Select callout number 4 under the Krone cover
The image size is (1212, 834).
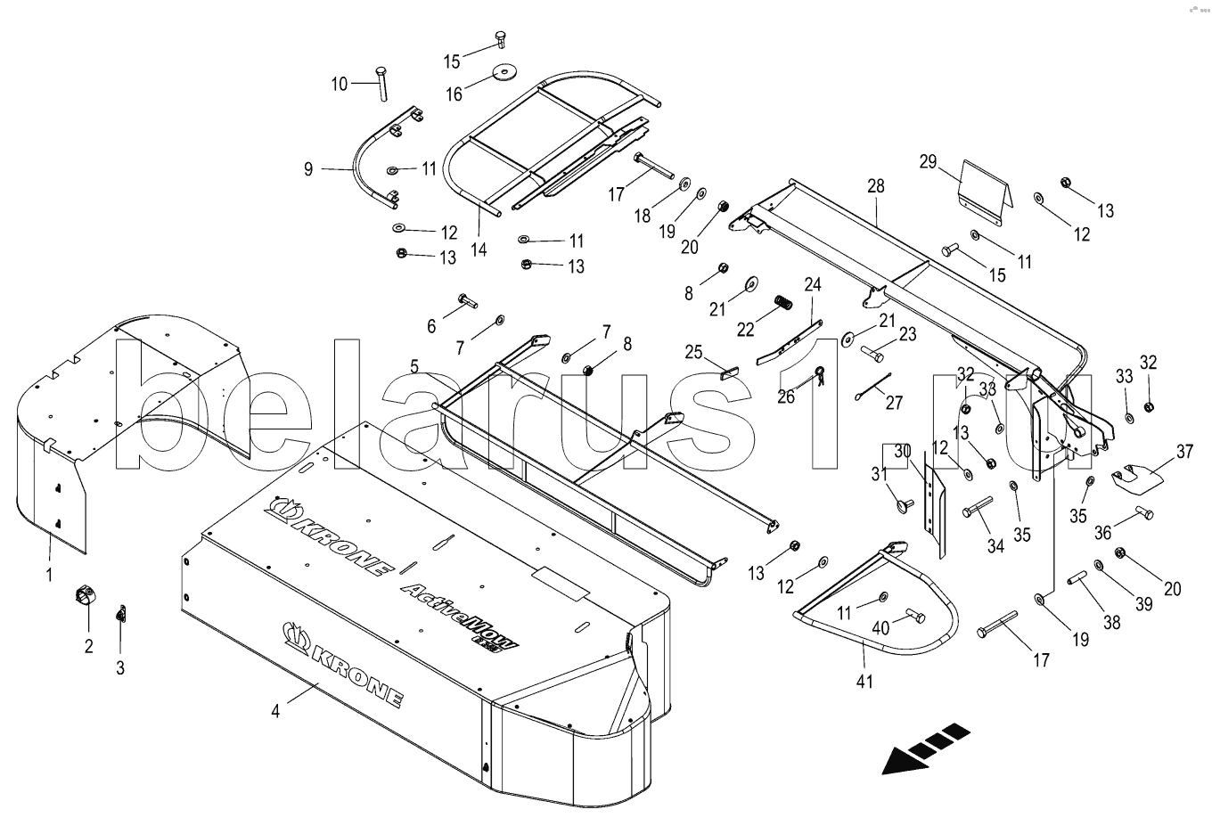point(276,711)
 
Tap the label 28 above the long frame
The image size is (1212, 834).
point(876,186)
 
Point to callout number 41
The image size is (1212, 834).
point(864,682)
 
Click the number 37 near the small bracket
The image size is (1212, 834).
point(1184,452)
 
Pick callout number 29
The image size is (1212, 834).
point(929,161)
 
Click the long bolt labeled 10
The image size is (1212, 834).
point(381,85)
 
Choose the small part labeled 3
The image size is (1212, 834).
point(122,615)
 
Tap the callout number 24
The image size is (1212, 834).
point(813,285)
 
